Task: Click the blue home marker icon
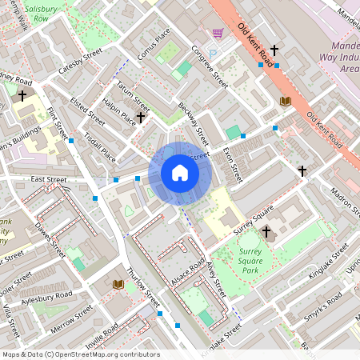180,173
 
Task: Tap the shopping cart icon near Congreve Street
217,33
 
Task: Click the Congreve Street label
210,66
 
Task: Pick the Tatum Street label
133,96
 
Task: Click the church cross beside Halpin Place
141,118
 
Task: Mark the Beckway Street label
193,124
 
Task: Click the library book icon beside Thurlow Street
118,284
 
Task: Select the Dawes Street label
48,238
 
